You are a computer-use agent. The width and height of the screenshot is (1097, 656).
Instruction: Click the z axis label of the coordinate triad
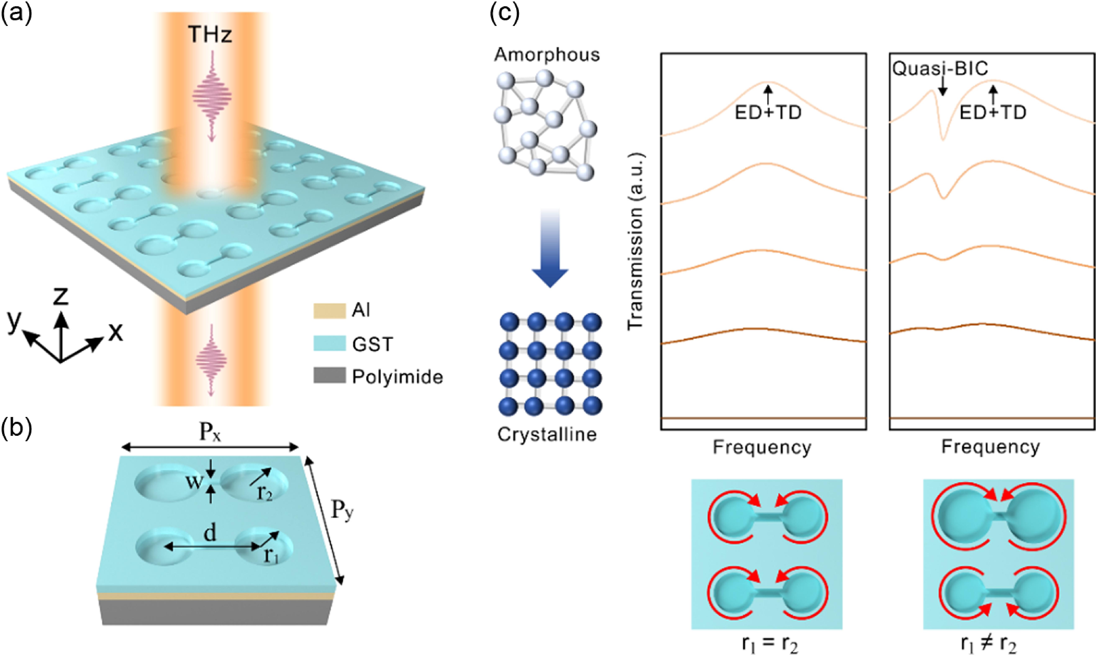pos(61,295)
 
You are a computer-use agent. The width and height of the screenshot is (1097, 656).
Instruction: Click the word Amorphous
pos(547,55)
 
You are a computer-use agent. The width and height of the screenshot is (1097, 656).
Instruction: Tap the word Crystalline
pos(547,435)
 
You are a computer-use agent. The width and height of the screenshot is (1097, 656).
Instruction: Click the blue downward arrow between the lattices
pos(550,248)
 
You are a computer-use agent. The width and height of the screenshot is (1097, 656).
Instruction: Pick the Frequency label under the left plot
pos(762,447)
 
